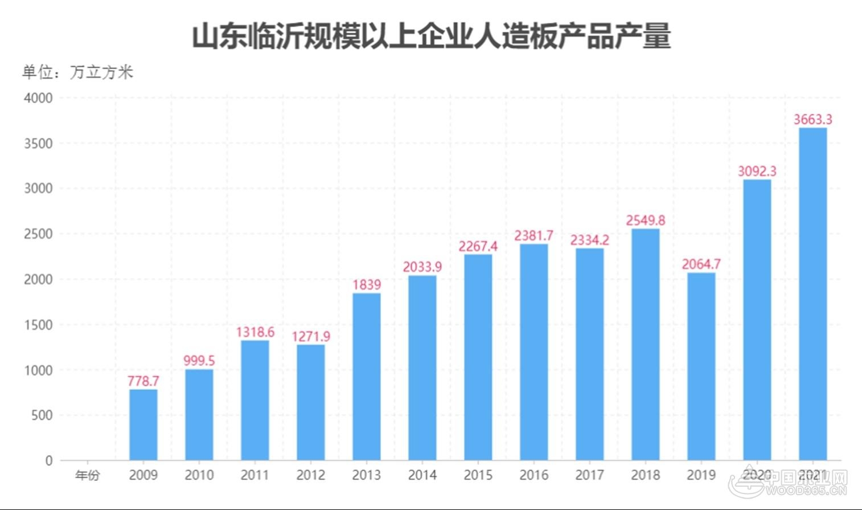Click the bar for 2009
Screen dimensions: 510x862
(143, 425)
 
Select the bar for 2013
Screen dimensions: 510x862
(366, 376)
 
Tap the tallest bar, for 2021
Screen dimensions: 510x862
(812, 293)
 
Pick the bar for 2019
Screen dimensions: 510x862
(701, 366)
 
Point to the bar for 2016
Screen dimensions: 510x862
(533, 352)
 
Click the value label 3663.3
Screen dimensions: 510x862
(812, 119)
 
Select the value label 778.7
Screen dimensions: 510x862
(143, 381)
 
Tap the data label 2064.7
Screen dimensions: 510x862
(701, 264)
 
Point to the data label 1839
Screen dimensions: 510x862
(366, 284)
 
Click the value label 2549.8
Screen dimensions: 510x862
(645, 220)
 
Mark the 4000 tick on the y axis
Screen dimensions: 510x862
(38, 98)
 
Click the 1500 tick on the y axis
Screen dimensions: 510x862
(38, 325)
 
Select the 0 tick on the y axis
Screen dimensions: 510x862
(49, 460)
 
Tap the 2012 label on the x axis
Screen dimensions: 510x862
(310, 475)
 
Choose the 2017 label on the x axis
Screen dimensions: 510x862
(589, 475)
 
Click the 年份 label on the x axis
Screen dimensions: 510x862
(87, 475)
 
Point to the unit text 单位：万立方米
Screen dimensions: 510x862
(77, 72)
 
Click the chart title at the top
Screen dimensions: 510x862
(431, 37)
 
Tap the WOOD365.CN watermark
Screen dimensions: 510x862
(806, 490)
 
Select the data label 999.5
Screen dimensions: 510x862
(199, 361)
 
